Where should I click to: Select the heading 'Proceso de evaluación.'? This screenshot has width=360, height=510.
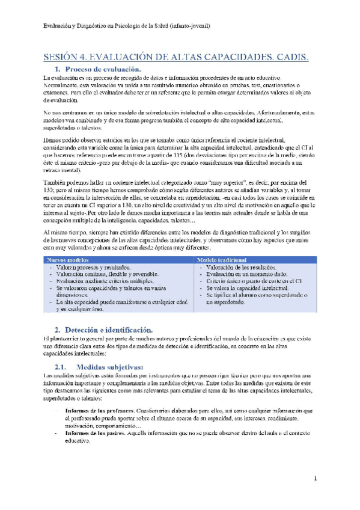102,70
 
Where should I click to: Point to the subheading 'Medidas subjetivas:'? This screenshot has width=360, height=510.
106,366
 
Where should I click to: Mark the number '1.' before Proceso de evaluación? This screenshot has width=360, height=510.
58,70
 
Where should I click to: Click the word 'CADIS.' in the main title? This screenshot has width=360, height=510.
290,58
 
